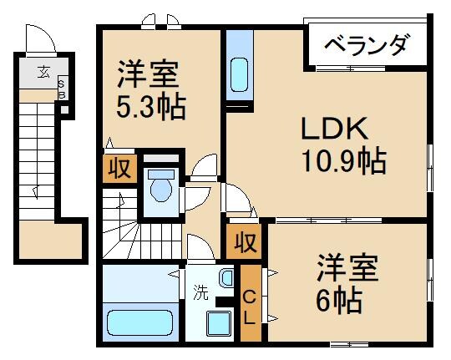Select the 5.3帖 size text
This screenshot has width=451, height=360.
pyautogui.click(x=146, y=107)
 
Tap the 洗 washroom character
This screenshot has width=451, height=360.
pyautogui.click(x=200, y=292)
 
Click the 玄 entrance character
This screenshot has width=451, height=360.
pyautogui.click(x=42, y=70)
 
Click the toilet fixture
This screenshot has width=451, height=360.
pyautogui.click(x=159, y=185)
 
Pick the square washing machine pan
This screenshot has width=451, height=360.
pyautogui.click(x=220, y=322)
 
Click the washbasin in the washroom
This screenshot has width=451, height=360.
pyautogui.click(x=226, y=277)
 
